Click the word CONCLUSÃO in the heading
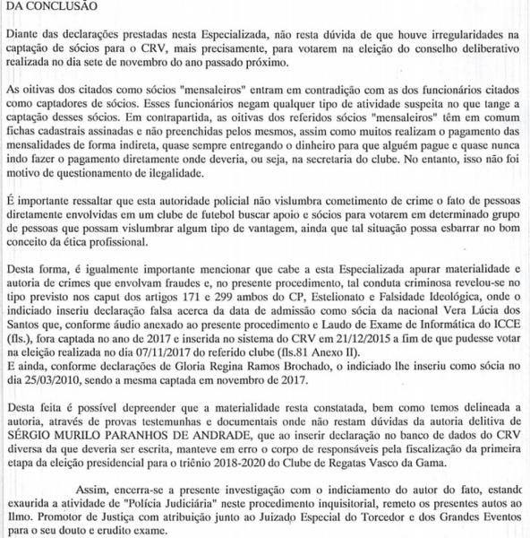pyautogui.click(x=53, y=6)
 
